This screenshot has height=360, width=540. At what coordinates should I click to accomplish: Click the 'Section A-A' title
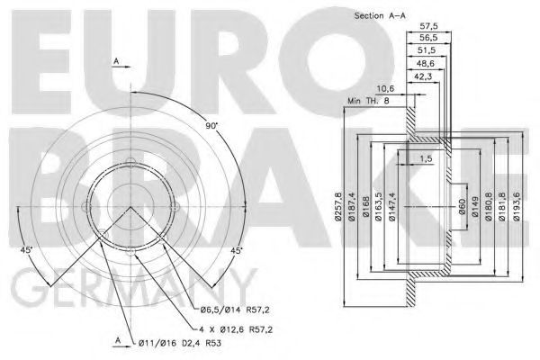(380, 15)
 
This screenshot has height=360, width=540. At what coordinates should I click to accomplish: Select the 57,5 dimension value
(428, 26)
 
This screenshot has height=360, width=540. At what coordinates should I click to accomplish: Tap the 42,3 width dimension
(423, 76)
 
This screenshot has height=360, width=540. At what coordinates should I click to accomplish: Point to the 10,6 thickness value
(385, 89)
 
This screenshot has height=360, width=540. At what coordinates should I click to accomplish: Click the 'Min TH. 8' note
(368, 101)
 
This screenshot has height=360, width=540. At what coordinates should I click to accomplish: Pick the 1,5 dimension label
(426, 158)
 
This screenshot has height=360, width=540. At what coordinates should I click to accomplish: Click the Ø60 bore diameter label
(462, 206)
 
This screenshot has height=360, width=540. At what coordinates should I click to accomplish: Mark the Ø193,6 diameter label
(517, 206)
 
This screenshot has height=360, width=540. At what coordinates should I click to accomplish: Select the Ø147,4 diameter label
(392, 206)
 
